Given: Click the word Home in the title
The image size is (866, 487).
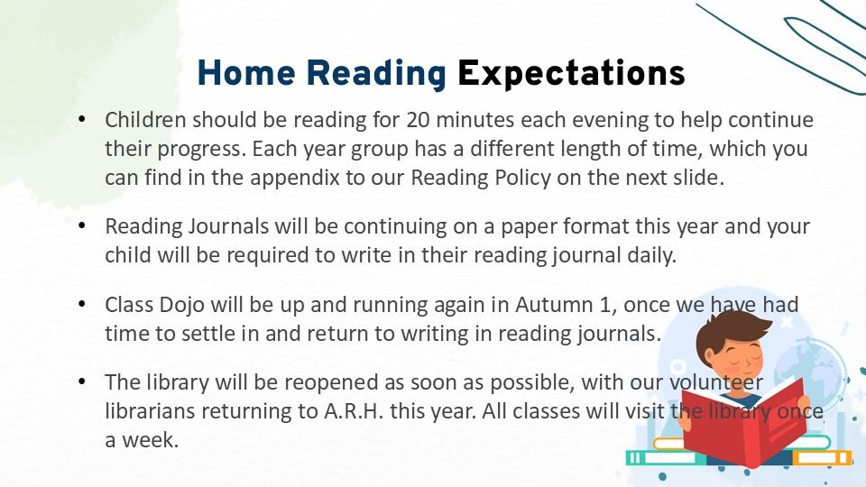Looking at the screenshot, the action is click(246, 73).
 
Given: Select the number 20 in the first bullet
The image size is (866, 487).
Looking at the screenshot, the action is click(418, 120).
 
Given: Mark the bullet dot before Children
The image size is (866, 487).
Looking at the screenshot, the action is click(82, 119).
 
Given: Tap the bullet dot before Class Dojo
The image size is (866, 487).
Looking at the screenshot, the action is click(82, 304).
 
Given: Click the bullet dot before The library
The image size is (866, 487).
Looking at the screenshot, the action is click(82, 381).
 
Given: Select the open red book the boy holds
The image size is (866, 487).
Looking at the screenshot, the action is click(743, 419).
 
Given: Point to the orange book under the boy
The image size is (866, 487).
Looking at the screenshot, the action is click(822, 458).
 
